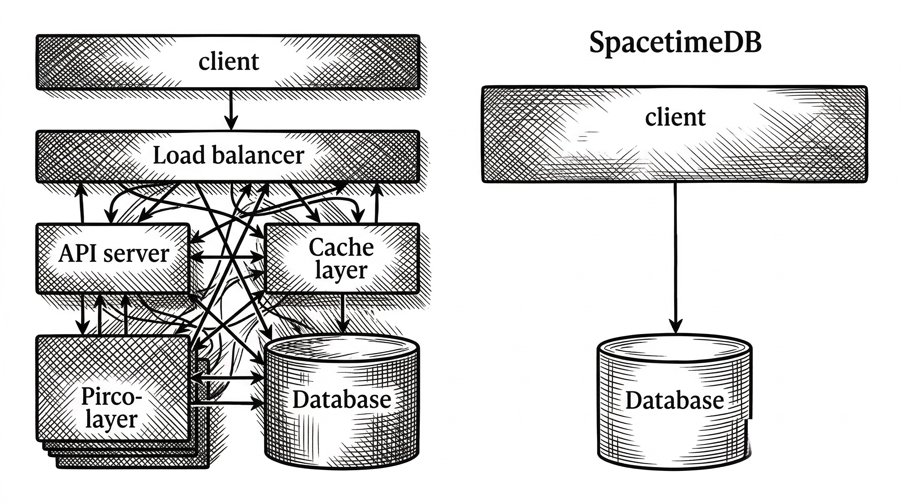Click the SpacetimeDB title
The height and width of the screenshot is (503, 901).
[675, 43]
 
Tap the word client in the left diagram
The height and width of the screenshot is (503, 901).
[229, 62]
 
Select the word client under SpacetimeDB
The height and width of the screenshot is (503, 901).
[675, 117]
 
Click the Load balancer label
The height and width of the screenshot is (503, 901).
[229, 155]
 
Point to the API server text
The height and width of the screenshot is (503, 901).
[114, 253]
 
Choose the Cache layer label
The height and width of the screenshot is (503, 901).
[341, 258]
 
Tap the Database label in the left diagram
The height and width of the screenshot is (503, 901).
[342, 400]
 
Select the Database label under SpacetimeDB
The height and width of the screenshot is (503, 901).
[675, 401]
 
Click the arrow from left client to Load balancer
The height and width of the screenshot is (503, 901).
[230, 108]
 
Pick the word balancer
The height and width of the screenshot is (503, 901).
[258, 155]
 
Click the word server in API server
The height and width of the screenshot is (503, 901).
[137, 254]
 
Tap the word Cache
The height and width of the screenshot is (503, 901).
[341, 247]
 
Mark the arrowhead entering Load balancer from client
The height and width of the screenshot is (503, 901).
[231, 124]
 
